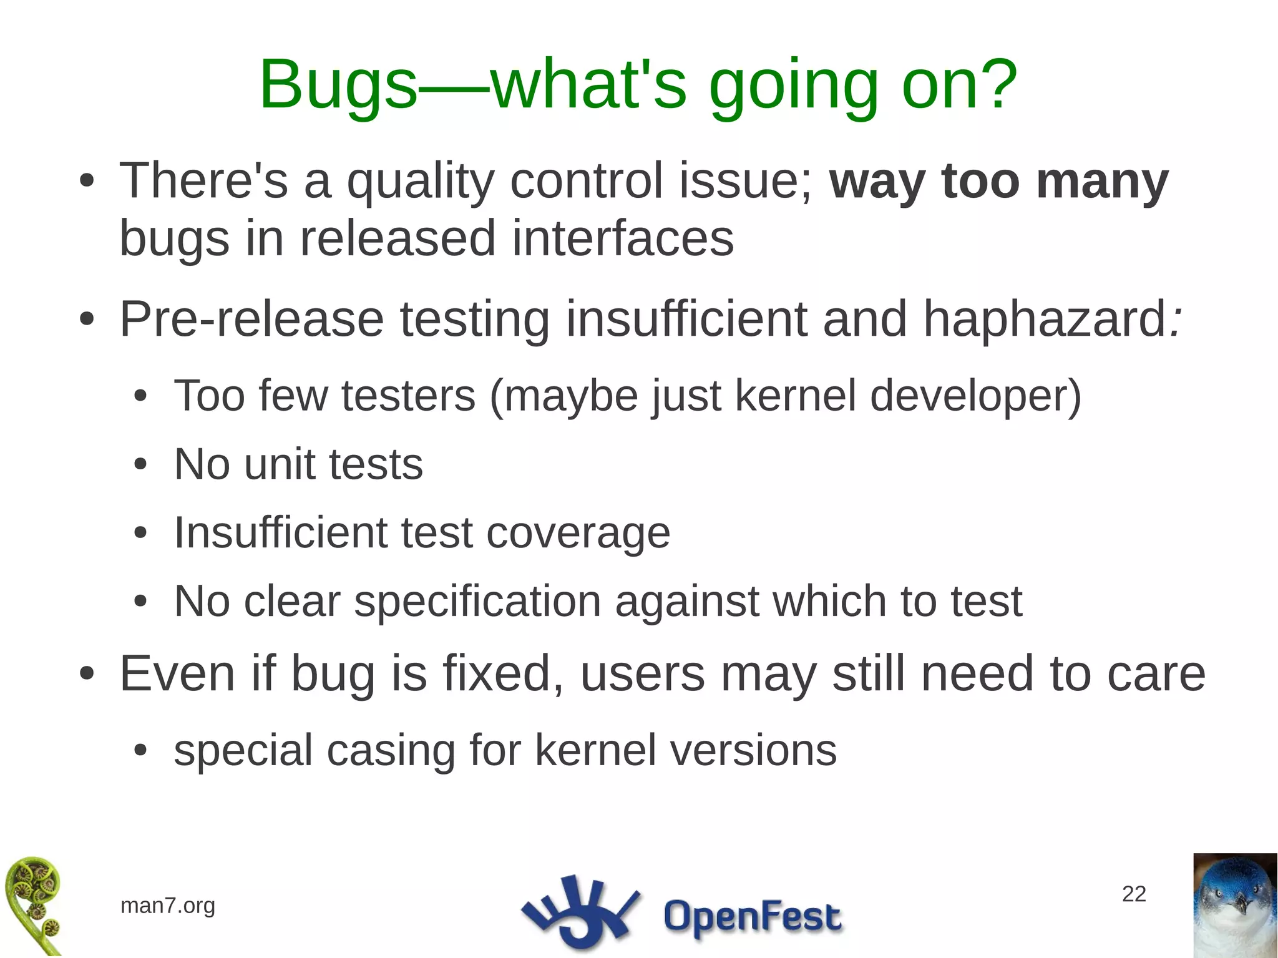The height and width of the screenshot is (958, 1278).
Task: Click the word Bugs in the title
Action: coord(338,86)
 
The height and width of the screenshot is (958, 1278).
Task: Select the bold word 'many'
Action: coord(1101,182)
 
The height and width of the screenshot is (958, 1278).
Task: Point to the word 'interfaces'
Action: coord(622,239)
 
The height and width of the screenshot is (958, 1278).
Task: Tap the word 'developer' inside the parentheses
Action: coord(968,396)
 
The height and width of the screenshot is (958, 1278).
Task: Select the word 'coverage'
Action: coord(578,534)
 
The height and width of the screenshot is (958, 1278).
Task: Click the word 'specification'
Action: coord(477,602)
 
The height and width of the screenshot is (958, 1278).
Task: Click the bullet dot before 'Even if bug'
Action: coord(87,675)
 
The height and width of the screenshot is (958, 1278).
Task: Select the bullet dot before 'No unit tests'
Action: coord(140,465)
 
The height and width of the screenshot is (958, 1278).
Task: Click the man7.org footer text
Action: coord(167,906)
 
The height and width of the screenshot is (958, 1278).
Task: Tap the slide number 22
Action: coord(1133,894)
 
